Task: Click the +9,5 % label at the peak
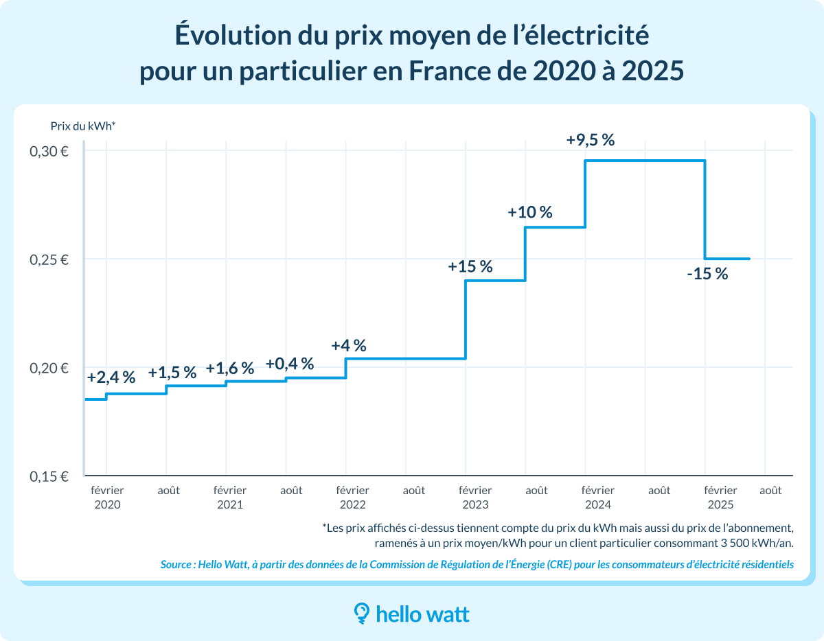coord(590,140)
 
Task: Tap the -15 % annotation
coord(707,274)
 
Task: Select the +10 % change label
coord(529,212)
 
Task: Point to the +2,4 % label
coord(111,377)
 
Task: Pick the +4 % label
coord(348,345)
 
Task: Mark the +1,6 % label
coord(229,368)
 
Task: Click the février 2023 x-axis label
coord(475,498)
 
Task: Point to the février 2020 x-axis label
coord(107,498)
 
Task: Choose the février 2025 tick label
coord(720,498)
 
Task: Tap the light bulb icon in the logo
coord(361,613)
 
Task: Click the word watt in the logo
coord(444,614)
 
